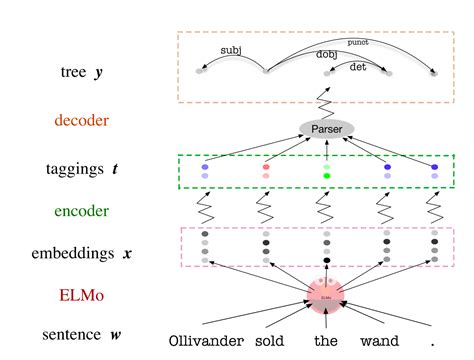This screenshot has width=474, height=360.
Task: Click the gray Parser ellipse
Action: pyautogui.click(x=326, y=131)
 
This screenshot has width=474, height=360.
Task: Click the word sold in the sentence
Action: pyautogui.click(x=270, y=342)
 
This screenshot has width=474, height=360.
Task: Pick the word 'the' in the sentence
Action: pyautogui.click(x=326, y=342)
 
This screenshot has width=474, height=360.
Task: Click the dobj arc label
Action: pyautogui.click(x=326, y=54)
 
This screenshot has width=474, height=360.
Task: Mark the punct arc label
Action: pyautogui.click(x=357, y=42)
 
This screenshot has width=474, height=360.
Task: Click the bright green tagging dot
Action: pyautogui.click(x=326, y=176)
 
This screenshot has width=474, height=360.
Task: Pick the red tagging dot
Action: pyautogui.click(x=266, y=167)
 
